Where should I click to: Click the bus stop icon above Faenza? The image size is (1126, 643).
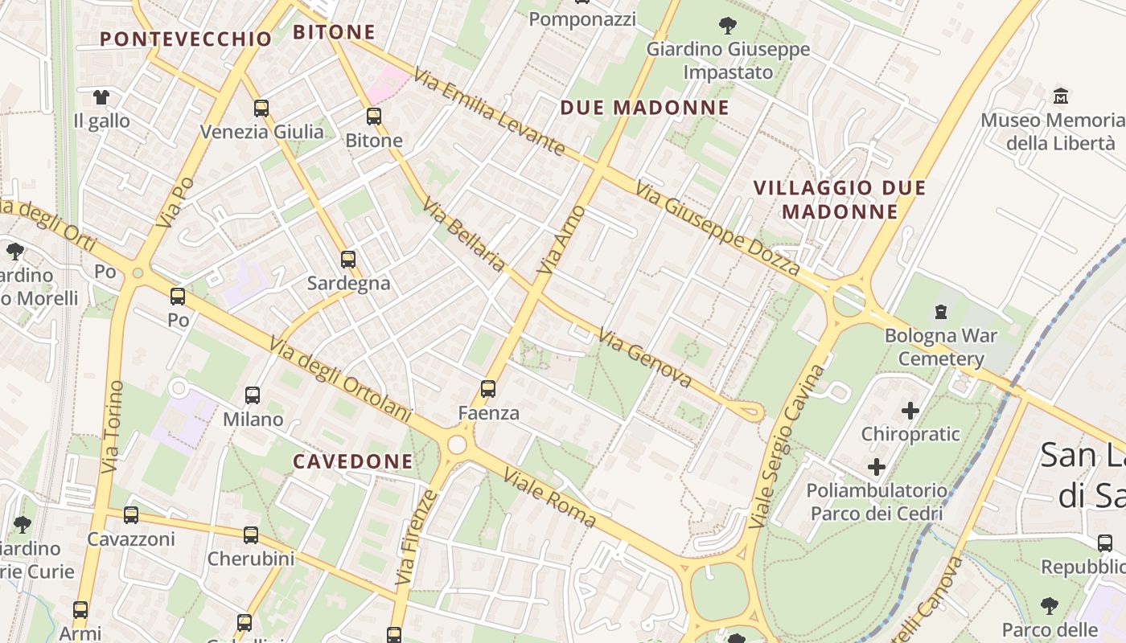pos(488,389)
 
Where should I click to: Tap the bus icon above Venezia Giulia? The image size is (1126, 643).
pos(261,108)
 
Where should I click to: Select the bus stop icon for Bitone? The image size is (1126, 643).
pos(374,116)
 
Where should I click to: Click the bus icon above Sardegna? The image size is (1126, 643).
pos(348,259)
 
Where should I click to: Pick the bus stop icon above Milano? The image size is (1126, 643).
pos(253,395)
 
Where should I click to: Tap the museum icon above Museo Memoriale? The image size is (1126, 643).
pos(1061,96)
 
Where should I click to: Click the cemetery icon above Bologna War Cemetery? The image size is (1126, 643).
pos(940,311)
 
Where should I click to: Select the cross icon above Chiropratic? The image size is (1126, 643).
pos(910,411)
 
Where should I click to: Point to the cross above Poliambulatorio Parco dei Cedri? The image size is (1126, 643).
pos(877,466)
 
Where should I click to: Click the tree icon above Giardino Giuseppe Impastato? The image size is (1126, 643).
pos(728,26)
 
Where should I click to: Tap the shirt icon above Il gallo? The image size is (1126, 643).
pos(101,97)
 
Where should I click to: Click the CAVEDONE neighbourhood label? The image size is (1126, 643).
pos(352,461)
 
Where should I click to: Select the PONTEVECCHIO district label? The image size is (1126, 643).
pos(186,39)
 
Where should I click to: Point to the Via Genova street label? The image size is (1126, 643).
pos(645,358)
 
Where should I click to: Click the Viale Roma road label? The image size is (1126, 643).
pos(550,498)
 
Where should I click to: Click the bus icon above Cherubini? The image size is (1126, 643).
pos(251,534)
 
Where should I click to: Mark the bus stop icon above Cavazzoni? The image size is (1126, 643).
pos(131,514)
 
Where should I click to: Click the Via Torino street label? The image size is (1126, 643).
pos(112,426)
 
